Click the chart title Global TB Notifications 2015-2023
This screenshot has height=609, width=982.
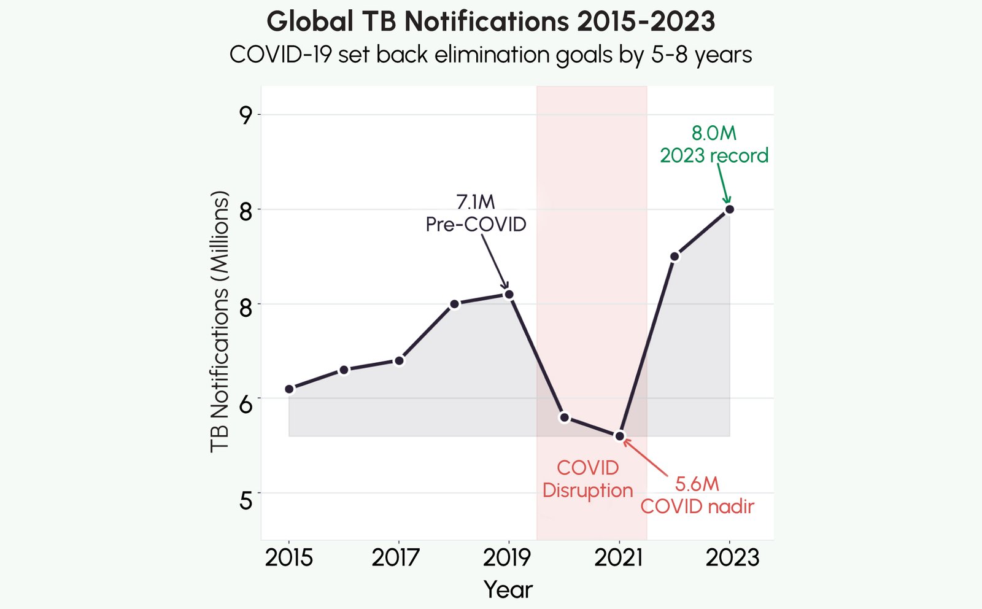[x=490, y=22]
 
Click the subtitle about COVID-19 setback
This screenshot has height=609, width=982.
[x=490, y=55]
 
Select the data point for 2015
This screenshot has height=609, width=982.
[x=289, y=389]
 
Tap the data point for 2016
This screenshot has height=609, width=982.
[x=344, y=370]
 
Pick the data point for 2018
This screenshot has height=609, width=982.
[x=454, y=304]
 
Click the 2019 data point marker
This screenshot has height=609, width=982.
[x=509, y=294]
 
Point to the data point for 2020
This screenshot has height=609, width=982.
[x=565, y=417]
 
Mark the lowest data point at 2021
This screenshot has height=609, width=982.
[x=619, y=436]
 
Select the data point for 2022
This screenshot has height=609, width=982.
[x=675, y=257]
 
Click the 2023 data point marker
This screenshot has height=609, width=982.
[x=729, y=209]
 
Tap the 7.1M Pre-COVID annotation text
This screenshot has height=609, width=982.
[x=476, y=213]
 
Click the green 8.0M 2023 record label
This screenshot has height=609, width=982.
[x=714, y=144]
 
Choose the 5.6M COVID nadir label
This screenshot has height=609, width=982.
[x=697, y=495]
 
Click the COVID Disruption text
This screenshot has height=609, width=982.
[x=587, y=479]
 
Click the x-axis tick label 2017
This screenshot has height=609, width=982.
[x=396, y=557]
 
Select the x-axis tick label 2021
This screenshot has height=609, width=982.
[x=618, y=557]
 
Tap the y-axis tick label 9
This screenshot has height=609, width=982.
[x=246, y=115]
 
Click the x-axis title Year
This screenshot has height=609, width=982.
[x=508, y=589]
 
